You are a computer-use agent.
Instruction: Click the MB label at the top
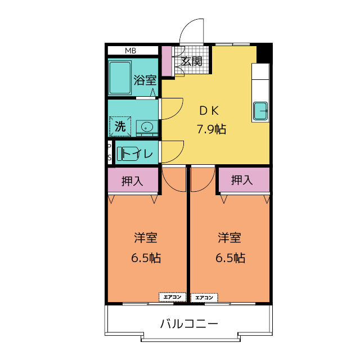tap(130, 51)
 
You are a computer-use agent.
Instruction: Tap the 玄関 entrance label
tap(192, 61)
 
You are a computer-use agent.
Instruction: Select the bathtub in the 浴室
tap(120, 78)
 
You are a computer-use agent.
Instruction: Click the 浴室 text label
tap(145, 80)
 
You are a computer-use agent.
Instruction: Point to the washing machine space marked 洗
tap(120, 127)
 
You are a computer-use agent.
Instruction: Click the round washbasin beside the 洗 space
tap(147, 127)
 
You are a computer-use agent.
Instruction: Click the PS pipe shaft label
tap(110, 152)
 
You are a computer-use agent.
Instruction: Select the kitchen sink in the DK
tap(260, 111)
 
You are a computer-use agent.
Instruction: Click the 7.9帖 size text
tap(211, 129)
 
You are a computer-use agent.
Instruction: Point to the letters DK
tap(209, 111)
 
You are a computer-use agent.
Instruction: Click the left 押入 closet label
tap(132, 181)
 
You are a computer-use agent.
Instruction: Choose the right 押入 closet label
tap(242, 180)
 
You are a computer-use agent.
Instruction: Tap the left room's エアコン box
tap(172, 297)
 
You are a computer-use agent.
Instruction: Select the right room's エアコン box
tap(204, 298)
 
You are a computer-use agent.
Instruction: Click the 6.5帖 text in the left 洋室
tap(146, 258)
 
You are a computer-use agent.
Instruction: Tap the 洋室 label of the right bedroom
tap(229, 237)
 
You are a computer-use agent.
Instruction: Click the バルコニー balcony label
tap(189, 324)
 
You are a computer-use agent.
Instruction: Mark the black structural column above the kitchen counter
tap(264, 54)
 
